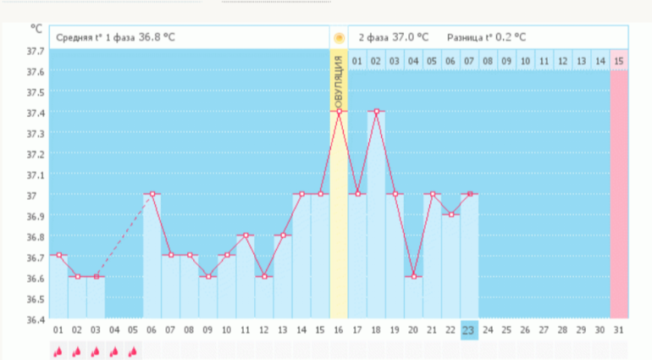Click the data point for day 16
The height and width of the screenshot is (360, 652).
click(x=339, y=111)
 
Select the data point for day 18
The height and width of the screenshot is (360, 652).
click(x=376, y=111)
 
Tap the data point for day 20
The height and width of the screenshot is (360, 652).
click(x=413, y=276)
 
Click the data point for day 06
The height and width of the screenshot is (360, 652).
click(x=152, y=194)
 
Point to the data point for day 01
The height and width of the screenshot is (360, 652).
click(x=58, y=255)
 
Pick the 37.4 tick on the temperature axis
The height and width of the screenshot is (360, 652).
click(x=36, y=113)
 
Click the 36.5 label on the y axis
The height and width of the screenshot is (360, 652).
click(x=36, y=300)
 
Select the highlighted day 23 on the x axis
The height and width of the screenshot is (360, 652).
click(x=469, y=330)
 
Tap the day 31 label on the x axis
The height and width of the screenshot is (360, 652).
click(x=619, y=330)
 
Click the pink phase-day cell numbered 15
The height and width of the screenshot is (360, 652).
click(x=619, y=61)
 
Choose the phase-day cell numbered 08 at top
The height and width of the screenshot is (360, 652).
click(x=488, y=61)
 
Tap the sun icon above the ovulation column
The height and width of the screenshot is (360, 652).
click(x=339, y=38)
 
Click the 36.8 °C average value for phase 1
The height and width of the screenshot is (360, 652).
click(x=157, y=37)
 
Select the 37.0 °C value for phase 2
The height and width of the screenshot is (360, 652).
click(x=411, y=37)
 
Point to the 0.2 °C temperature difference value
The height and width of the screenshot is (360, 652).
click(x=510, y=37)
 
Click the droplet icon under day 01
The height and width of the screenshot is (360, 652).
click(x=58, y=351)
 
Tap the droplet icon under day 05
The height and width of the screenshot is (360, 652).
click(x=133, y=351)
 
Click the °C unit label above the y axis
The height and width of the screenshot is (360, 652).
click(x=36, y=28)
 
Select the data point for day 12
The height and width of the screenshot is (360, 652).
click(x=263, y=276)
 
